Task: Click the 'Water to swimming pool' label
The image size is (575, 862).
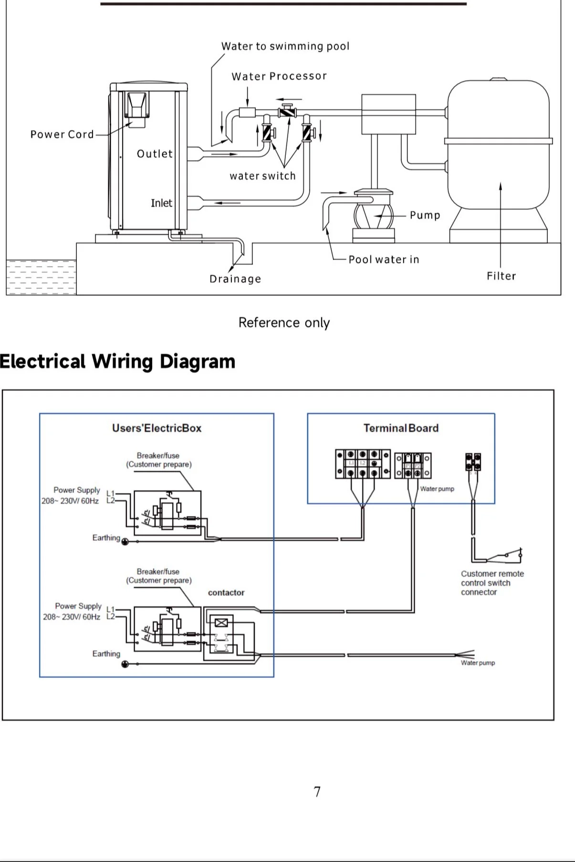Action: tap(285, 46)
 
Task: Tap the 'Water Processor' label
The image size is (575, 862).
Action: tap(279, 76)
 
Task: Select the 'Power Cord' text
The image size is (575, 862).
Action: tap(62, 135)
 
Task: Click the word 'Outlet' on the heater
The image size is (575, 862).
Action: tap(155, 154)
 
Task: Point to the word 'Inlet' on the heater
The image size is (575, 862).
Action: tap(161, 203)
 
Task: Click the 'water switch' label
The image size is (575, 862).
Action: tap(262, 176)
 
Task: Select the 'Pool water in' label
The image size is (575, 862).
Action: tap(384, 260)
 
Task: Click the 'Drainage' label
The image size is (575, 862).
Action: tap(235, 279)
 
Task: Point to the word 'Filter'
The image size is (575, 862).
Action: tap(501, 276)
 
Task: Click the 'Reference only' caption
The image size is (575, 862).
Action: tap(284, 323)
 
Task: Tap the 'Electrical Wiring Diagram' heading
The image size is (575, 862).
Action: tap(117, 362)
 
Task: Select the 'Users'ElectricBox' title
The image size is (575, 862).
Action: tap(157, 428)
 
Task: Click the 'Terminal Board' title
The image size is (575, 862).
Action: tap(401, 428)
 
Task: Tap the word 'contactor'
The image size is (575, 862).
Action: tap(226, 593)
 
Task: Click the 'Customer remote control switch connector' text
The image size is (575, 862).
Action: tap(491, 583)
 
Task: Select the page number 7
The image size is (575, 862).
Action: tap(317, 792)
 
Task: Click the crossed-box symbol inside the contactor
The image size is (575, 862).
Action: tap(221, 622)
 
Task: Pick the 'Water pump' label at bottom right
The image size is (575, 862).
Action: tap(478, 663)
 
